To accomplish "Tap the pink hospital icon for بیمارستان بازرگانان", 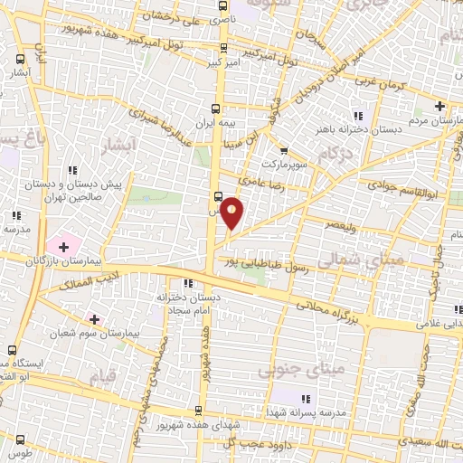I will point(63,246).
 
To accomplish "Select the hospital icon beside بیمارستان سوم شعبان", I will point(93,319).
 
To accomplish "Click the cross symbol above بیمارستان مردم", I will point(440,106).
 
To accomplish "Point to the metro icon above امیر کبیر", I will point(224,49).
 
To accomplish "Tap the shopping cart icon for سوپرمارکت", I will point(284,151).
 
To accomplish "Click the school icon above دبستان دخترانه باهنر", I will point(357,115).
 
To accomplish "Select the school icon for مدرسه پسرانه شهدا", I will point(305,399).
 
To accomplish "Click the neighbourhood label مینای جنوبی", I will point(289,371).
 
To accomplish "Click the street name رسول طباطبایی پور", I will point(268,259).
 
